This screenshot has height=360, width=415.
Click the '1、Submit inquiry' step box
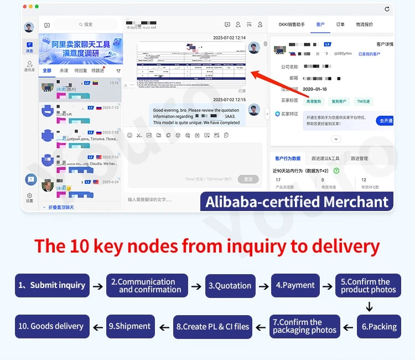[x=52, y=286]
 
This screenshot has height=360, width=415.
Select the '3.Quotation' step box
[x=230, y=286]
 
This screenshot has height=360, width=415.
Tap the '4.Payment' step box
[x=295, y=286]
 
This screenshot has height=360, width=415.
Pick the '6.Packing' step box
[x=379, y=326]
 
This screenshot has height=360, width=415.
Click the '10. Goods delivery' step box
[x=51, y=326]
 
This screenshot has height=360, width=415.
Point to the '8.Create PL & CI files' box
[x=213, y=326]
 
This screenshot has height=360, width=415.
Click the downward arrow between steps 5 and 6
[x=369, y=307]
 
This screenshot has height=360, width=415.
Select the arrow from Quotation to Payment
[x=262, y=286]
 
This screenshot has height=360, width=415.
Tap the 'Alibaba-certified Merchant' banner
[x=297, y=202]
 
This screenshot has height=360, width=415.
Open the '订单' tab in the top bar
[x=340, y=24]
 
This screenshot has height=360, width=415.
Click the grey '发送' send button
[x=248, y=179]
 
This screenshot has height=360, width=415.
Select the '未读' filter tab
[x=64, y=71]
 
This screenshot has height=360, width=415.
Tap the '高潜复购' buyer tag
[x=313, y=101]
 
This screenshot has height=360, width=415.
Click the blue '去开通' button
[x=385, y=121]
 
